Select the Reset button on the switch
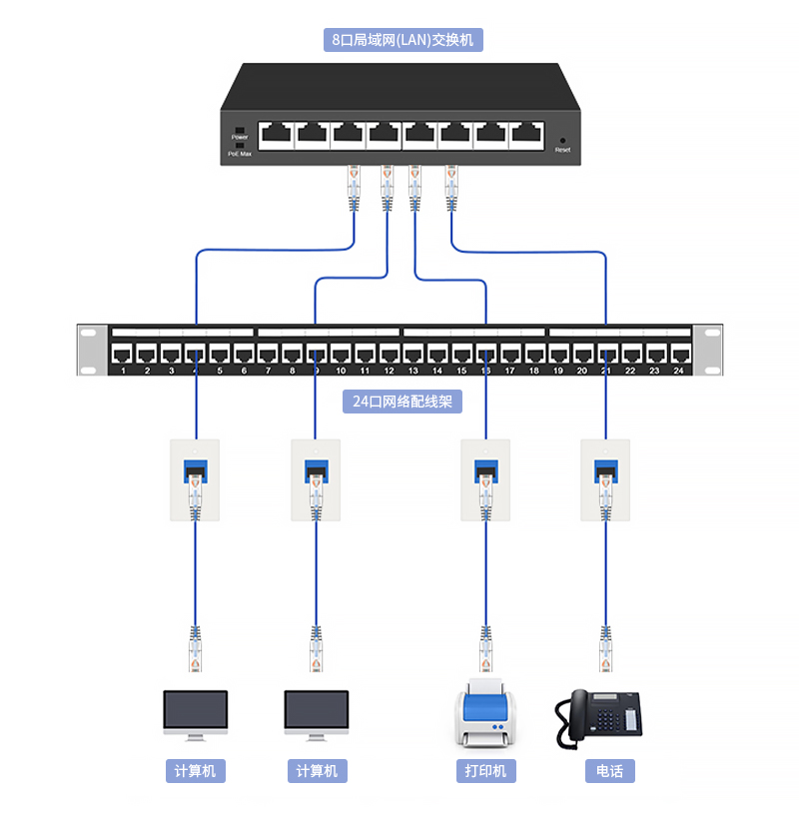coord(562,141)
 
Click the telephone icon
coord(598,716)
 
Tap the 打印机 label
coord(485,771)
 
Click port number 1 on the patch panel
coord(122,354)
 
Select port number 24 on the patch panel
coord(680,354)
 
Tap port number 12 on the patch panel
coord(390,354)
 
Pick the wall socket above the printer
coord(485,479)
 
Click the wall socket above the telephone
coord(605,479)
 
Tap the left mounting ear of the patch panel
coord(91,351)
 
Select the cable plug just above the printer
coord(486,649)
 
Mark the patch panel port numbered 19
coord(558,354)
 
